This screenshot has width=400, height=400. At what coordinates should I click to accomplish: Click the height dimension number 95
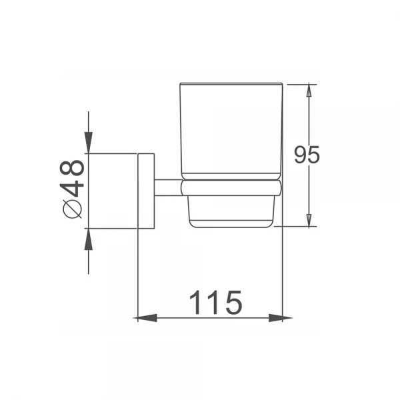[x=307, y=155]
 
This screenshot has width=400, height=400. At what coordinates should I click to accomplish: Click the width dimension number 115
[x=214, y=303]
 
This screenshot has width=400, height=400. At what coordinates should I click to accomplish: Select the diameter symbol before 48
[x=73, y=209]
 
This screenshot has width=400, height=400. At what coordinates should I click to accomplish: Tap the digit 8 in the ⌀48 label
[x=73, y=167]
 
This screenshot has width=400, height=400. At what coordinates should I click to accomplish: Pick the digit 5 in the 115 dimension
[x=231, y=303]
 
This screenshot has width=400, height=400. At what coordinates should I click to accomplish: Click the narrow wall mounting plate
[x=146, y=191]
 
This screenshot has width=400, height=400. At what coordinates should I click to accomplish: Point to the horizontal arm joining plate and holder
[x=168, y=187]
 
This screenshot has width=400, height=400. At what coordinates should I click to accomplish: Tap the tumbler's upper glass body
[x=231, y=130]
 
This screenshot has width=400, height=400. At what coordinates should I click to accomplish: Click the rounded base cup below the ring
[x=231, y=212]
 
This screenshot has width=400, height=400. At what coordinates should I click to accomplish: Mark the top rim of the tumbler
[x=231, y=85]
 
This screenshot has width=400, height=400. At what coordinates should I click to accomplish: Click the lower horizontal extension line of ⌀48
[x=113, y=229]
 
